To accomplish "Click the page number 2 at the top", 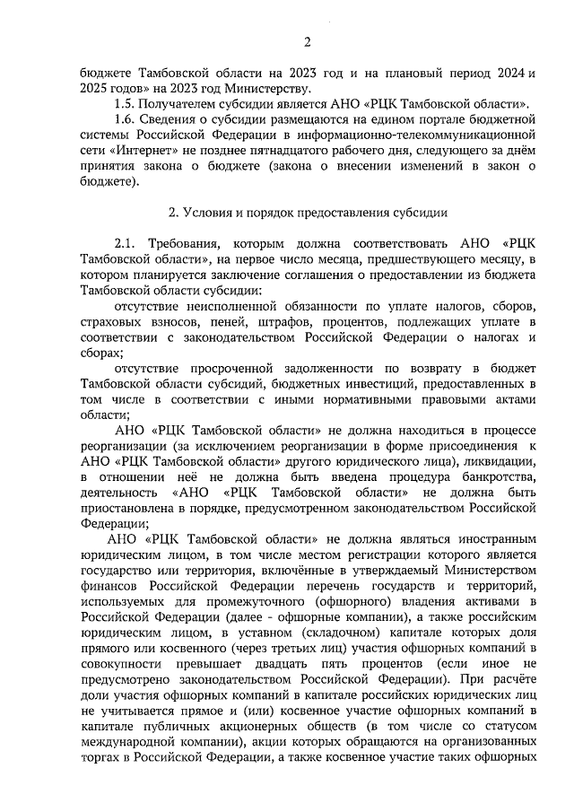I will tap(307, 41).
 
